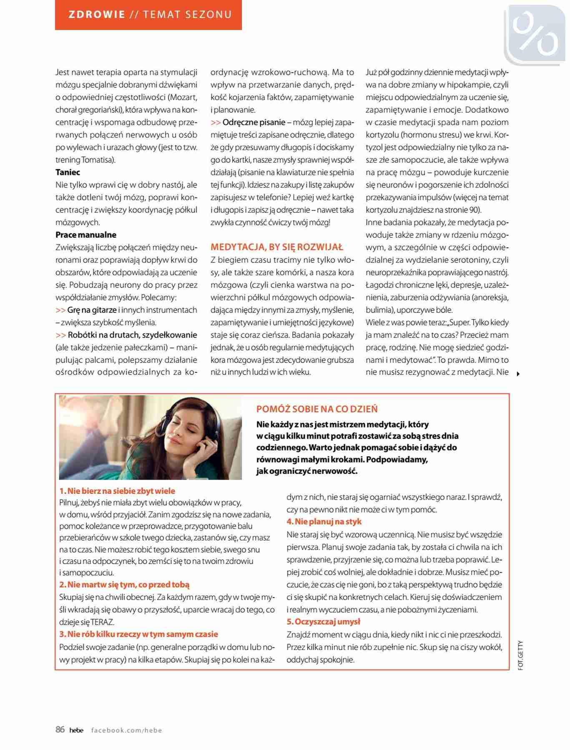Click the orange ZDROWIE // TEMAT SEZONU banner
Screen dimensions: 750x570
point(148,15)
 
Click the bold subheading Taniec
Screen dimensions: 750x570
point(68,172)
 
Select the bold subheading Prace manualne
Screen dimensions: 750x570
point(86,235)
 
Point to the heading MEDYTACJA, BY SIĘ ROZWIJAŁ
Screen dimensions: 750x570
point(277,247)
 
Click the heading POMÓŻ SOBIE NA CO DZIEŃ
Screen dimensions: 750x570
point(317,409)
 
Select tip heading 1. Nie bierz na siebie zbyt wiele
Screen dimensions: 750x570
point(117,491)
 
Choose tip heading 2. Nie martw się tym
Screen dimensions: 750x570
point(124,585)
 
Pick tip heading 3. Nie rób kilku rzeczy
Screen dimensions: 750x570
point(138,634)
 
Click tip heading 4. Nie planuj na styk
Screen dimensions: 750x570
point(324,522)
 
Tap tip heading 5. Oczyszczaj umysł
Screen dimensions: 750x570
point(323,622)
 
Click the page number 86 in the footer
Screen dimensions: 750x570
point(60,729)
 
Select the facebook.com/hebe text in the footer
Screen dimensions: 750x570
point(126,730)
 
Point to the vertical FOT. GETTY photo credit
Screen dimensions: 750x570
point(520,655)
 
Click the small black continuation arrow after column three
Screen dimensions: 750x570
point(518,374)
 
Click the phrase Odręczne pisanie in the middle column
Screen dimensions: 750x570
point(254,122)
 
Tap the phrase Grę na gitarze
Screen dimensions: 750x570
point(92,310)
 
